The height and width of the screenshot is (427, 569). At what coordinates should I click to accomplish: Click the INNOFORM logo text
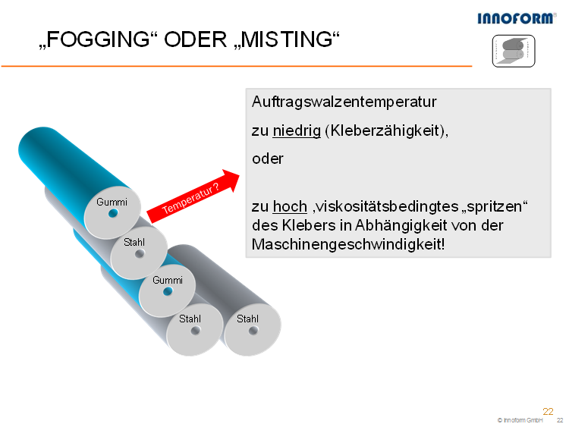pos(517,18)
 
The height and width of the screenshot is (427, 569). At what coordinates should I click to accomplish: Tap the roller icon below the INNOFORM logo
pos(514,51)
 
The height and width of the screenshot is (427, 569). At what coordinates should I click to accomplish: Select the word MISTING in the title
pos(287,39)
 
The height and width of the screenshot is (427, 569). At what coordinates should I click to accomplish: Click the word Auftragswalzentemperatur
pos(344,102)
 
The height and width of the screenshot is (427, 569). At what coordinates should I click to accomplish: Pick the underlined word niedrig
pos(297,130)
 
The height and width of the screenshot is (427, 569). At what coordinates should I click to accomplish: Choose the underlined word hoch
pos(290,206)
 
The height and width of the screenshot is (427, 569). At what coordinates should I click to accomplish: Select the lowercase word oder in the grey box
pos(268,159)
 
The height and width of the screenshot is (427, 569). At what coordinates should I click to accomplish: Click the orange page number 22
pos(548,411)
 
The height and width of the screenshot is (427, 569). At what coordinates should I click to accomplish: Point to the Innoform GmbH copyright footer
pos(520,420)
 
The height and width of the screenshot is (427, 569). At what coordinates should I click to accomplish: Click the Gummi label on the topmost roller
pos(112,202)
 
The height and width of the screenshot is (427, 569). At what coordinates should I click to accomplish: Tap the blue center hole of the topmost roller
pos(113,213)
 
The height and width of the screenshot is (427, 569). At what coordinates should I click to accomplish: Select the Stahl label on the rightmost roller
pos(247,319)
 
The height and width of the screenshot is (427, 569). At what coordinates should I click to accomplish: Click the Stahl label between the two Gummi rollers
pos(134,242)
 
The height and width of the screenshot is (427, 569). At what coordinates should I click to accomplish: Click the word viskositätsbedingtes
pos(388,206)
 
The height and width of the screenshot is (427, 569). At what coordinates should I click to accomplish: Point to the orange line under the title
pos(237,66)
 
